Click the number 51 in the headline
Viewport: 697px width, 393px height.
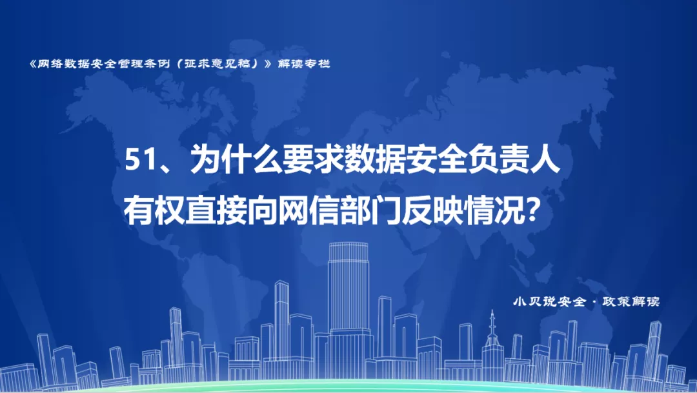tap(141, 159)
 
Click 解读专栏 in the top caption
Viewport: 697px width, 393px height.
tap(304, 64)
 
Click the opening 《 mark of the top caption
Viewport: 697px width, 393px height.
tap(32, 64)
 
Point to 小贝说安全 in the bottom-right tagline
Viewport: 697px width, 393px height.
tap(549, 302)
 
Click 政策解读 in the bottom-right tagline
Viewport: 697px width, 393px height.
tap(631, 302)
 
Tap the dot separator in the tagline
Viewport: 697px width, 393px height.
tap(594, 302)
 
